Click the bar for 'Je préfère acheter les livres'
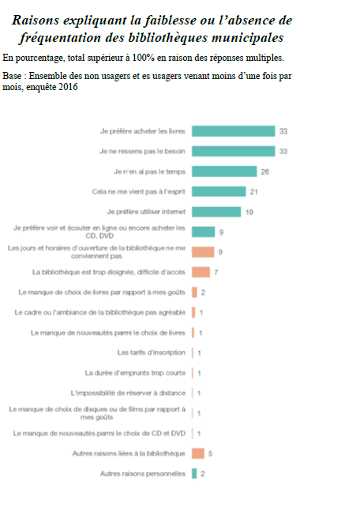click(233, 131)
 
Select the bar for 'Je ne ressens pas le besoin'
click(233, 151)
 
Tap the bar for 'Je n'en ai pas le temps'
click(224, 171)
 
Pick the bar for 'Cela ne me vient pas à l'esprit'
click(218, 191)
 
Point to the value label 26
click(266, 172)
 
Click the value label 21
click(253, 191)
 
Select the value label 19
click(249, 212)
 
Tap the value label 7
click(216, 273)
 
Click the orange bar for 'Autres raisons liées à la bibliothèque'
click(197, 454)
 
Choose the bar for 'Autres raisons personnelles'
click(193, 473)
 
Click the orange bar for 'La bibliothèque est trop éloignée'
click(200, 273)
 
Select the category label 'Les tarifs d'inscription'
click(152, 353)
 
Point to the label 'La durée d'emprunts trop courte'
click(135, 373)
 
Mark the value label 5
click(211, 454)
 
